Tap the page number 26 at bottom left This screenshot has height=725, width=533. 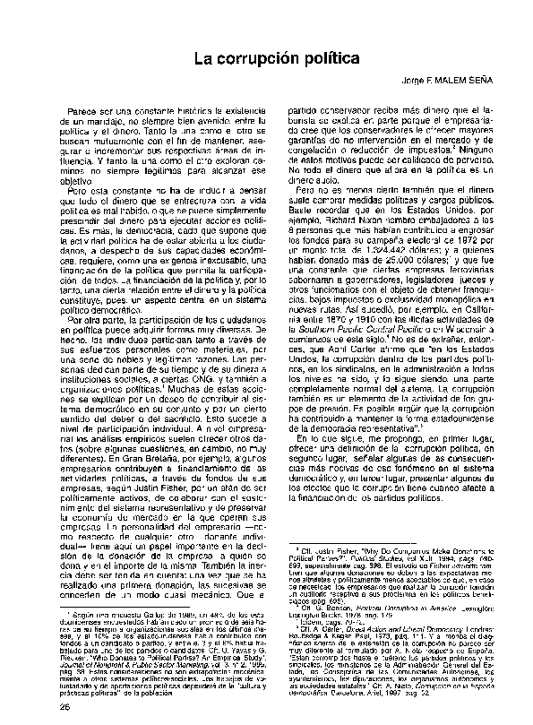[x=39, y=706]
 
